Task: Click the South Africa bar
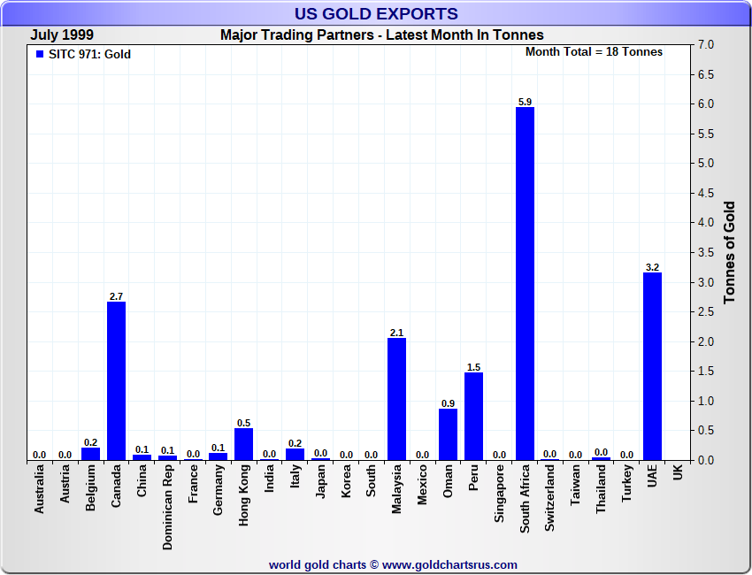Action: pos(525,283)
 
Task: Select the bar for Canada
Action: pos(116,380)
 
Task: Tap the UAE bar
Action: pos(652,366)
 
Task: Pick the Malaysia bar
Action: pos(396,399)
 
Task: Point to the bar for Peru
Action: pos(473,416)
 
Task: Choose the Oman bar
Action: pos(448,433)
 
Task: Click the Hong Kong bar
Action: pos(243,444)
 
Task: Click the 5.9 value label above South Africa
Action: pos(525,102)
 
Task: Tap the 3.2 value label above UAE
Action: pos(652,267)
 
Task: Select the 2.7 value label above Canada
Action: pos(116,296)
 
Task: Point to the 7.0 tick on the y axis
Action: pos(706,45)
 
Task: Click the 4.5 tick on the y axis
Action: pos(706,193)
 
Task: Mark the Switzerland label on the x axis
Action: pos(550,500)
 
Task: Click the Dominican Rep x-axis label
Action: pos(167,509)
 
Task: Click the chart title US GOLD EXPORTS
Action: pos(376,13)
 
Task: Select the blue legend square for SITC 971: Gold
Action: pos(39,54)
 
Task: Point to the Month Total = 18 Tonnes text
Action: pos(594,52)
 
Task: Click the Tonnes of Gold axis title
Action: pos(730,252)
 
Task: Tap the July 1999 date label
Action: pos(64,34)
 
